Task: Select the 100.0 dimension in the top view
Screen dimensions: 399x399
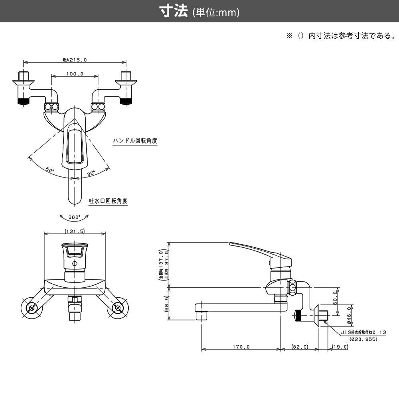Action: [75, 74]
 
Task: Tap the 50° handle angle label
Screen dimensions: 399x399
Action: [49, 170]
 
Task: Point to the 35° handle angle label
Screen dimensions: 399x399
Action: [91, 173]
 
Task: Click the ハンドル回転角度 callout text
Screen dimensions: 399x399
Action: [135, 141]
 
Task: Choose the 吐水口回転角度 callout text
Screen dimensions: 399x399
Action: [108, 201]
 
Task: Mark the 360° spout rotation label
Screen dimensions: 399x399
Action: [74, 217]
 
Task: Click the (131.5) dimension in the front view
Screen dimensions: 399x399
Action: [74, 231]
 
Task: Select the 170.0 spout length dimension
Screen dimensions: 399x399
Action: [241, 347]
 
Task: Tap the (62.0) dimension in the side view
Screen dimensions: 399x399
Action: [300, 347]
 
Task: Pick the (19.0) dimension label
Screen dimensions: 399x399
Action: [340, 347]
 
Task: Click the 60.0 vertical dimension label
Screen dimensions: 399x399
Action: [336, 297]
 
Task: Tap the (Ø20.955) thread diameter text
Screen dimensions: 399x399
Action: [363, 339]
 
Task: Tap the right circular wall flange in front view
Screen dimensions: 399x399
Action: [117, 308]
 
